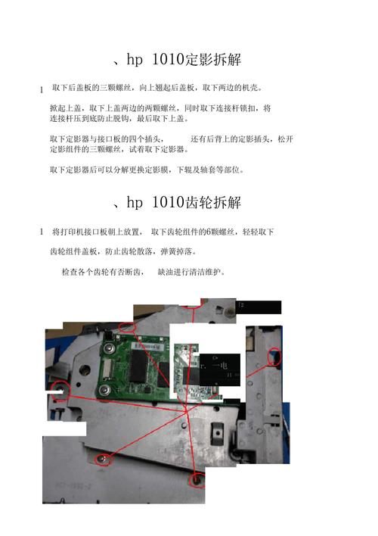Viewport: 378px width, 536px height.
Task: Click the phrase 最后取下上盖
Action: pyautogui.click(x=167, y=119)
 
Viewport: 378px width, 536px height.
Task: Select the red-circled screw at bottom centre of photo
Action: pyautogui.click(x=197, y=479)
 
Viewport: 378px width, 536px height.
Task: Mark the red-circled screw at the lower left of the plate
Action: pyautogui.click(x=101, y=457)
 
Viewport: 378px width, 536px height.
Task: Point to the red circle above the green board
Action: pyautogui.click(x=127, y=326)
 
